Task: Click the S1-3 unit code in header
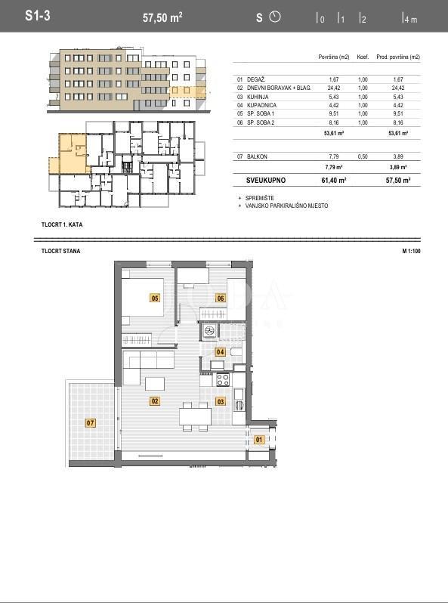tap(37, 16)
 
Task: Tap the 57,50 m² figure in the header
tap(162, 17)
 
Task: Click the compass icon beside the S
tap(274, 17)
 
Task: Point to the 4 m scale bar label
tap(410, 20)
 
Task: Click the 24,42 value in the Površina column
tap(334, 88)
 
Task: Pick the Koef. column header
tap(363, 57)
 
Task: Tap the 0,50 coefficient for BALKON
tap(363, 156)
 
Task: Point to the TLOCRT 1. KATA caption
tap(63, 225)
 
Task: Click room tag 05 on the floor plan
tap(155, 298)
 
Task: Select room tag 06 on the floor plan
tap(221, 298)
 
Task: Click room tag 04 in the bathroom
tap(221, 352)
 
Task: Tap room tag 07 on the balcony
tap(91, 422)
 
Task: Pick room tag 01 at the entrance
tap(259, 439)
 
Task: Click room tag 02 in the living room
tap(155, 401)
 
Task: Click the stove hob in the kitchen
tap(222, 379)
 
